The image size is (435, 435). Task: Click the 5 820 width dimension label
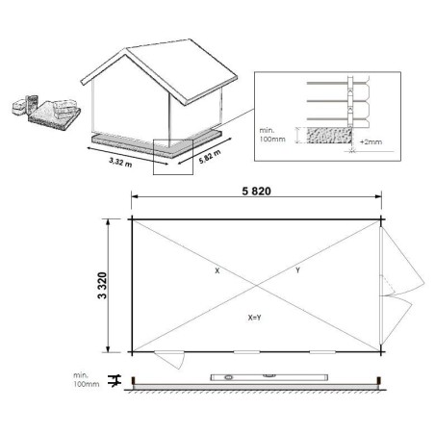pyautogui.click(x=256, y=191)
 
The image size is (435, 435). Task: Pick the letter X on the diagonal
pyautogui.click(x=217, y=272)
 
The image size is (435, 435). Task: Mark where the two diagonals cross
pyautogui.click(x=256, y=283)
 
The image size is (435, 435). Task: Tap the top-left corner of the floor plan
pyautogui.click(x=131, y=217)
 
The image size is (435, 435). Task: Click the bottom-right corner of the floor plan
pyautogui.click(x=382, y=350)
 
